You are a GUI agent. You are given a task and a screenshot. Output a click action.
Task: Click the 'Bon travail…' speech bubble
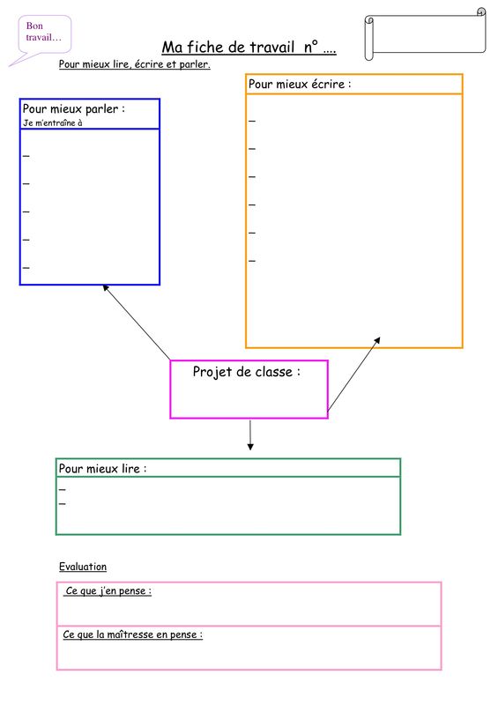(44, 34)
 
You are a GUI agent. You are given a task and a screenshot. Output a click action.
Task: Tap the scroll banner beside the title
(425, 33)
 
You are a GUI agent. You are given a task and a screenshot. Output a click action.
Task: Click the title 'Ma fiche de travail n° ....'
(249, 47)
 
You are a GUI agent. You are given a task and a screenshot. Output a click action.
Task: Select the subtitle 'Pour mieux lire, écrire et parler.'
(135, 63)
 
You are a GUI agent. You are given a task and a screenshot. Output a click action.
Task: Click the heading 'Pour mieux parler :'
(74, 108)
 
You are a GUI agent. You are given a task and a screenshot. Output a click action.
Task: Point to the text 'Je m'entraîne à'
(53, 122)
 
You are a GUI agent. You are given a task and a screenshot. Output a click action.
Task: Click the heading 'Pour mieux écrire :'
(300, 84)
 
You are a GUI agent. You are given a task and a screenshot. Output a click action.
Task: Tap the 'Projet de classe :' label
(247, 372)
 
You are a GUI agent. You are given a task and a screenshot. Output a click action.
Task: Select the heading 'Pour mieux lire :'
(102, 469)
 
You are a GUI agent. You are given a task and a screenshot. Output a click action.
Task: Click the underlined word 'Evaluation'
(83, 567)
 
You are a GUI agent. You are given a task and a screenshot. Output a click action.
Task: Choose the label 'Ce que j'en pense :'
(108, 590)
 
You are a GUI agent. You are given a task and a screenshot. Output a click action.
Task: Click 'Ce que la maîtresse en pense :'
(133, 634)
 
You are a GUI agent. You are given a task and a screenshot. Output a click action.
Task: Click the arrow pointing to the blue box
(137, 323)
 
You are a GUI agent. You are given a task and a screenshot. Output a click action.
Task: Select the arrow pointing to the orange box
(354, 374)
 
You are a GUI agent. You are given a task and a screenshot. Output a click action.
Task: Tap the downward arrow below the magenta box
(250, 434)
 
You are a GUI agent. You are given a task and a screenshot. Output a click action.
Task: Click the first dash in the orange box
(252, 121)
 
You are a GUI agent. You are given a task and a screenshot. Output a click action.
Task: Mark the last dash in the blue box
(26, 268)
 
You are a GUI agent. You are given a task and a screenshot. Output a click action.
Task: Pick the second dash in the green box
(62, 503)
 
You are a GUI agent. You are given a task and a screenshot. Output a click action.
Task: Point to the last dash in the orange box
(252, 261)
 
